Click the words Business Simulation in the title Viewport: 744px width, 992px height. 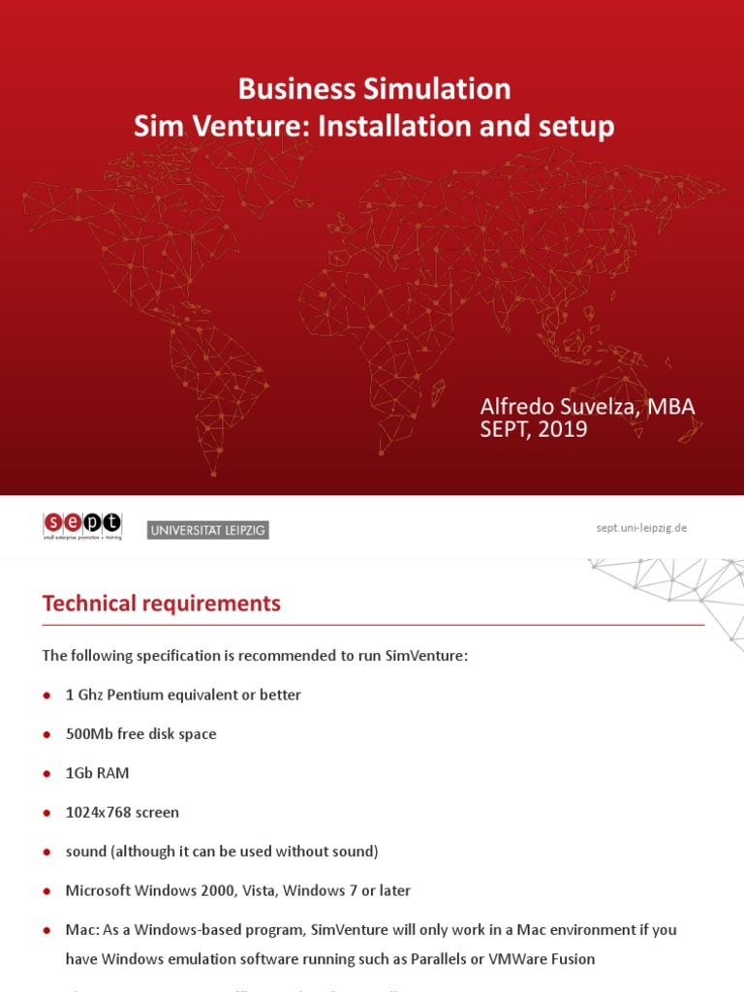[374, 89]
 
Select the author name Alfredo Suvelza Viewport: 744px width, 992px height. [557, 407]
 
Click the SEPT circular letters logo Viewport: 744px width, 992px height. [82, 523]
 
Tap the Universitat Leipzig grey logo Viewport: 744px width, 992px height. [207, 530]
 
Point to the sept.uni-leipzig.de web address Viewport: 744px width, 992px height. [640, 528]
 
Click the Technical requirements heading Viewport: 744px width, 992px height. [161, 604]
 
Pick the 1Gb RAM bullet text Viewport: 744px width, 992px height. [97, 773]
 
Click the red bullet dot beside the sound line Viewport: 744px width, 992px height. [46, 852]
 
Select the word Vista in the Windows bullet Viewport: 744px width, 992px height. [261, 890]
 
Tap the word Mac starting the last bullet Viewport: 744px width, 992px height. [80, 930]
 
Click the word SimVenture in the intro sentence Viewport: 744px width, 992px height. [425, 656]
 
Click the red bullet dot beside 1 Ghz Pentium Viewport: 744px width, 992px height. [46, 697]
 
